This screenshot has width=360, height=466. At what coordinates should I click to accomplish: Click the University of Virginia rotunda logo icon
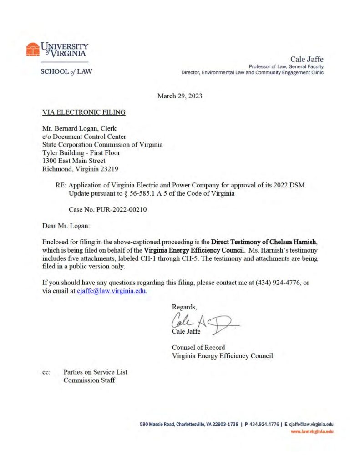click(32, 49)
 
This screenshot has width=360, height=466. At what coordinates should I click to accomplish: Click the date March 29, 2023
click(180, 96)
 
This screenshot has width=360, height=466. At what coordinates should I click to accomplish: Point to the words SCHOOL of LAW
click(66, 71)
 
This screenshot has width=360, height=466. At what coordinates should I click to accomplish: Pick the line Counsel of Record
click(198, 348)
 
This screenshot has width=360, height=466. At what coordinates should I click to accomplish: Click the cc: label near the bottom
click(46, 372)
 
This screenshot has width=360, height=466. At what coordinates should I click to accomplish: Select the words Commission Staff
click(89, 380)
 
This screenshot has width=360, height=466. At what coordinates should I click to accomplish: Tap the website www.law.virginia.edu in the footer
click(312, 431)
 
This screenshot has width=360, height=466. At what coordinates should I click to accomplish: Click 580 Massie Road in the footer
click(157, 424)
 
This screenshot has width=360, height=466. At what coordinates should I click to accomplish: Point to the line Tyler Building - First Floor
click(81, 153)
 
